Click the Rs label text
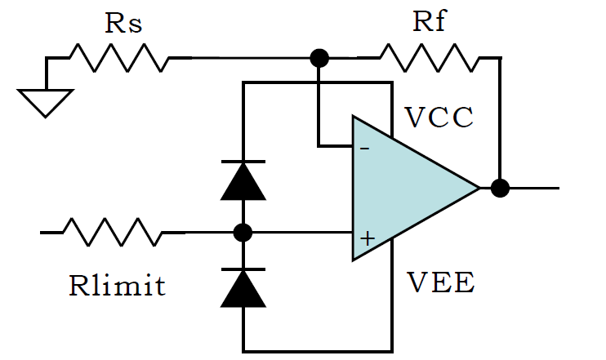pyautogui.click(x=123, y=23)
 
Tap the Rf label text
pyautogui.click(x=430, y=20)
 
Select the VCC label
pyautogui.click(x=439, y=117)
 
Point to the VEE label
pyautogui.click(x=441, y=282)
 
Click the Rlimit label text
pyautogui.click(x=117, y=286)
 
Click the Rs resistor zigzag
pyautogui.click(x=119, y=58)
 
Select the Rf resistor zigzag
pyautogui.click(x=430, y=58)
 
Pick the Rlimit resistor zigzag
pyautogui.click(x=113, y=232)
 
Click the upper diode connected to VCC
pyautogui.click(x=243, y=180)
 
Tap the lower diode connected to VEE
pyautogui.click(x=243, y=288)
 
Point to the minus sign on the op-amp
pyautogui.click(x=364, y=149)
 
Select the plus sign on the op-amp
pyautogui.click(x=368, y=238)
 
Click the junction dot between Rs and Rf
pyautogui.click(x=319, y=58)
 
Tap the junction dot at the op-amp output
pyautogui.click(x=500, y=188)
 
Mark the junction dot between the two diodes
pyautogui.click(x=243, y=233)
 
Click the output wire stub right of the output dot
pyautogui.click(x=534, y=188)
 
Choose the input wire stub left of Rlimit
pyautogui.click(x=51, y=233)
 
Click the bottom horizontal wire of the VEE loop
pyautogui.click(x=318, y=351)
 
